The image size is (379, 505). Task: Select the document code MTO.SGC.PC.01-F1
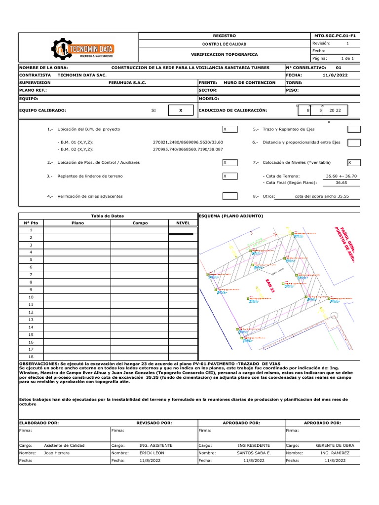pos(335,36)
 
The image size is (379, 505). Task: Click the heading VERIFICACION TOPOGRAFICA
pos(224,54)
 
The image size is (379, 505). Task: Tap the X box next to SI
pos(180,110)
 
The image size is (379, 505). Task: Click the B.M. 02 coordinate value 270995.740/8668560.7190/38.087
pos(188,148)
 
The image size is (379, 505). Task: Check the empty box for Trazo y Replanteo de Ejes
pos(353,129)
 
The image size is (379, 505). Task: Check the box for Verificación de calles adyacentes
pos(229,196)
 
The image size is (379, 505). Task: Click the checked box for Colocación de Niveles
pos(353,162)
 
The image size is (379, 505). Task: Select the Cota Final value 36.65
pos(341,182)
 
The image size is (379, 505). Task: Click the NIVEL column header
pos(183,223)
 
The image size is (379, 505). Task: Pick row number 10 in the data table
pos(31,297)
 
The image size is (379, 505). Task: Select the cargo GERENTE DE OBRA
pos(335,445)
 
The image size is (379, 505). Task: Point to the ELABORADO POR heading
pos(39,423)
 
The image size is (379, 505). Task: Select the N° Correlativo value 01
pos(338,67)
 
